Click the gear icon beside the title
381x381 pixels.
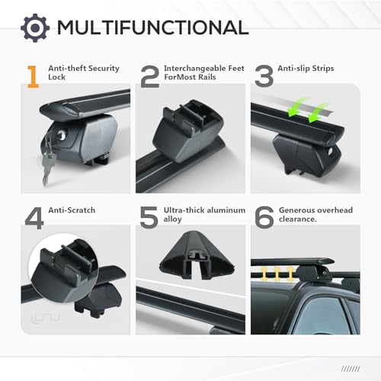point(34,27)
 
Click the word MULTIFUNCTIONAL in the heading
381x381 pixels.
point(152,28)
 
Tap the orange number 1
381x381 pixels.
point(32,77)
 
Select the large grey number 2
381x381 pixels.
point(149,77)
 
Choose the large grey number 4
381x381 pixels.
point(34,217)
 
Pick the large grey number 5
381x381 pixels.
point(149,217)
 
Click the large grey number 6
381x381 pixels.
point(263,217)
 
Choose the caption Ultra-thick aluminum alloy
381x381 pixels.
point(202,214)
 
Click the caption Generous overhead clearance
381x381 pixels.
point(315,214)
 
